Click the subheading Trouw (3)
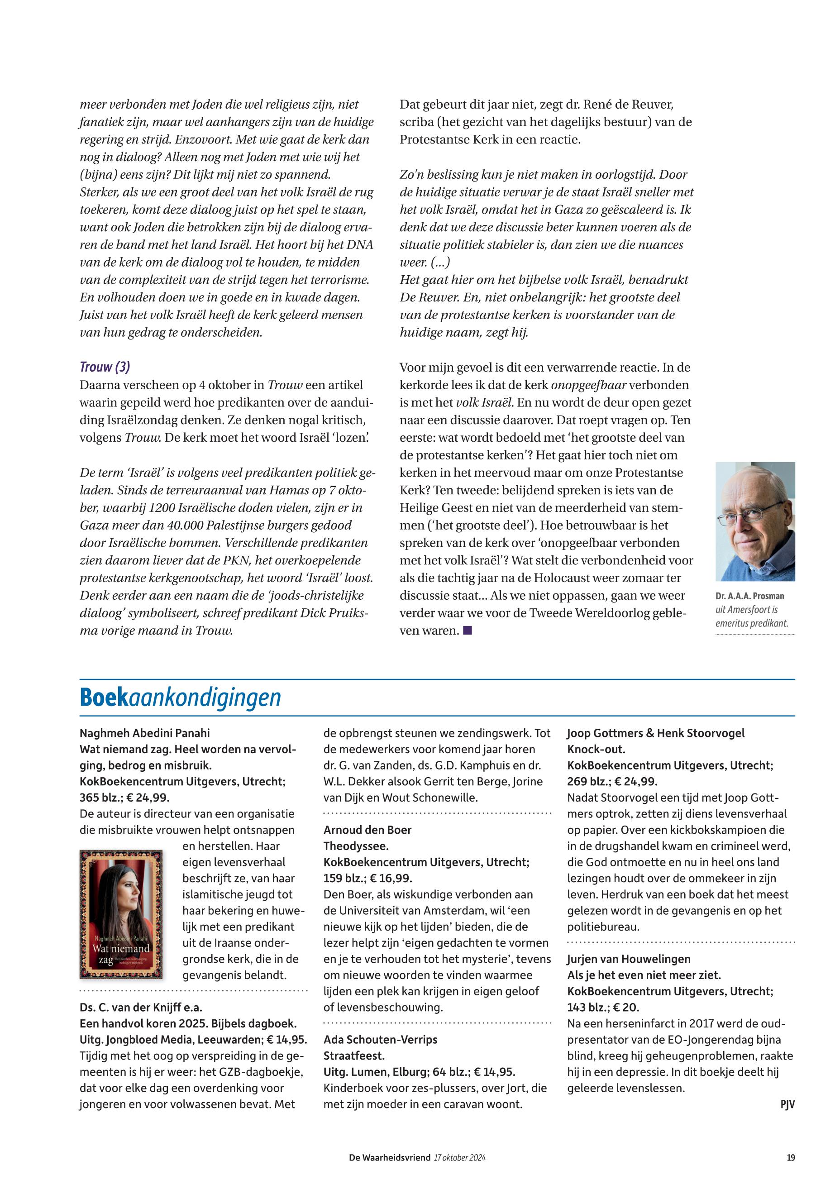tap(105, 367)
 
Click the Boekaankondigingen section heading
tap(180, 698)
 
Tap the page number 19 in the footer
tap(791, 1157)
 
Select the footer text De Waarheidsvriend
tap(390, 1157)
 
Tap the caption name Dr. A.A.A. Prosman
tap(750, 596)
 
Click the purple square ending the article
tap(467, 631)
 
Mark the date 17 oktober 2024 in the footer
tap(459, 1157)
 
